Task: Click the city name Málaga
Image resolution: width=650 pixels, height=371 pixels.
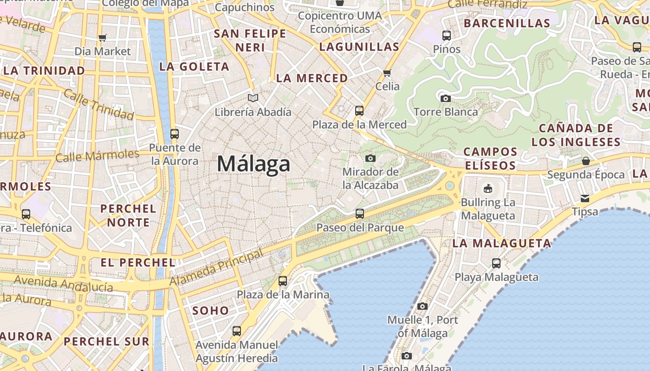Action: [253, 164]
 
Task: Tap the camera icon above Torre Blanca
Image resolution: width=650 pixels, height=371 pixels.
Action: [445, 98]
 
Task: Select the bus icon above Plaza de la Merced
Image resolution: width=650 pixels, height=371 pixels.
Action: [359, 111]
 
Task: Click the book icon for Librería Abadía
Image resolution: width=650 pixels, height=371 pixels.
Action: [253, 98]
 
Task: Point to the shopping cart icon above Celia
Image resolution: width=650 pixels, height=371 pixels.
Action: [387, 73]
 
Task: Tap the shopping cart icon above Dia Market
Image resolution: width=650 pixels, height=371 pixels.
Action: [103, 38]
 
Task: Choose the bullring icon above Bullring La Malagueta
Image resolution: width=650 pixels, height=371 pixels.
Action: [487, 189]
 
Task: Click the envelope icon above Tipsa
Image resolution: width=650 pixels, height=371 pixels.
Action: [585, 198]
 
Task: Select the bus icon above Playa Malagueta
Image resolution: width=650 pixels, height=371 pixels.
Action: [496, 263]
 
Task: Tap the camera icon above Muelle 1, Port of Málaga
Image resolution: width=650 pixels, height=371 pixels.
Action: [422, 306]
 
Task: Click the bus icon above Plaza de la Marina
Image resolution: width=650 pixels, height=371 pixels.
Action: [283, 281]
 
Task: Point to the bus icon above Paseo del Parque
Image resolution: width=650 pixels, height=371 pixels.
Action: [360, 214]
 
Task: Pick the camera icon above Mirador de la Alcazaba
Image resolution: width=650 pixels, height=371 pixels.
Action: [370, 158]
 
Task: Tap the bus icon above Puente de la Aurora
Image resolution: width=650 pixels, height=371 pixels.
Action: [175, 134]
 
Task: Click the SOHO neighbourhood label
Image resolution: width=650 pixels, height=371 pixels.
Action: [210, 311]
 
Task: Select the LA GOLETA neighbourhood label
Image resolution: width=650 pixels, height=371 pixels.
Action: [194, 67]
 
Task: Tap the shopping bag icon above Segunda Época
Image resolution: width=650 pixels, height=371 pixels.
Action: [585, 161]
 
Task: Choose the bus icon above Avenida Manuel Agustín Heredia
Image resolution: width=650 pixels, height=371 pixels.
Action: [237, 331]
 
